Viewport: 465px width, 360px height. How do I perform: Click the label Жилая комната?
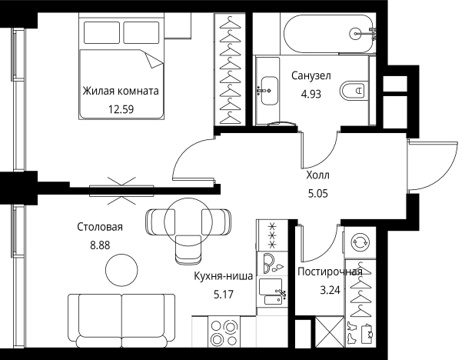[x=121, y=91]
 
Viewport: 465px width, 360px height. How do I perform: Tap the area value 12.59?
[x=121, y=108]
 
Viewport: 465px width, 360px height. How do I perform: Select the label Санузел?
[x=311, y=76]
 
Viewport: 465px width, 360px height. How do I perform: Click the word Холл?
[x=317, y=175]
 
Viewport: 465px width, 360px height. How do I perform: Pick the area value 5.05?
[x=317, y=194]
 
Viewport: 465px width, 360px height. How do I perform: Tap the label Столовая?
[x=100, y=228]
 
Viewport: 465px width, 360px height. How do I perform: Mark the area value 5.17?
[x=223, y=292]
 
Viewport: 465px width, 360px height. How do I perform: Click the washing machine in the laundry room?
[x=360, y=242]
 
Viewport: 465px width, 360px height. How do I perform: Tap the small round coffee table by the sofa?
[x=121, y=270]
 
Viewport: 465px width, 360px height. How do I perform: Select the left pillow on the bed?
[x=101, y=32]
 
